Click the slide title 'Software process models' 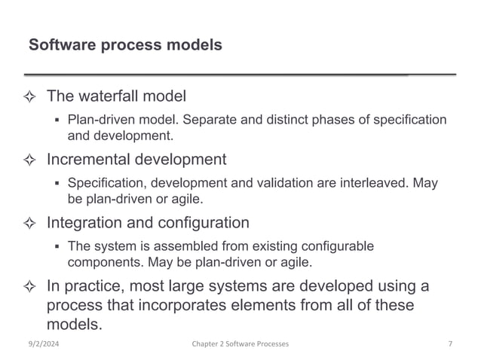[x=125, y=45]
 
